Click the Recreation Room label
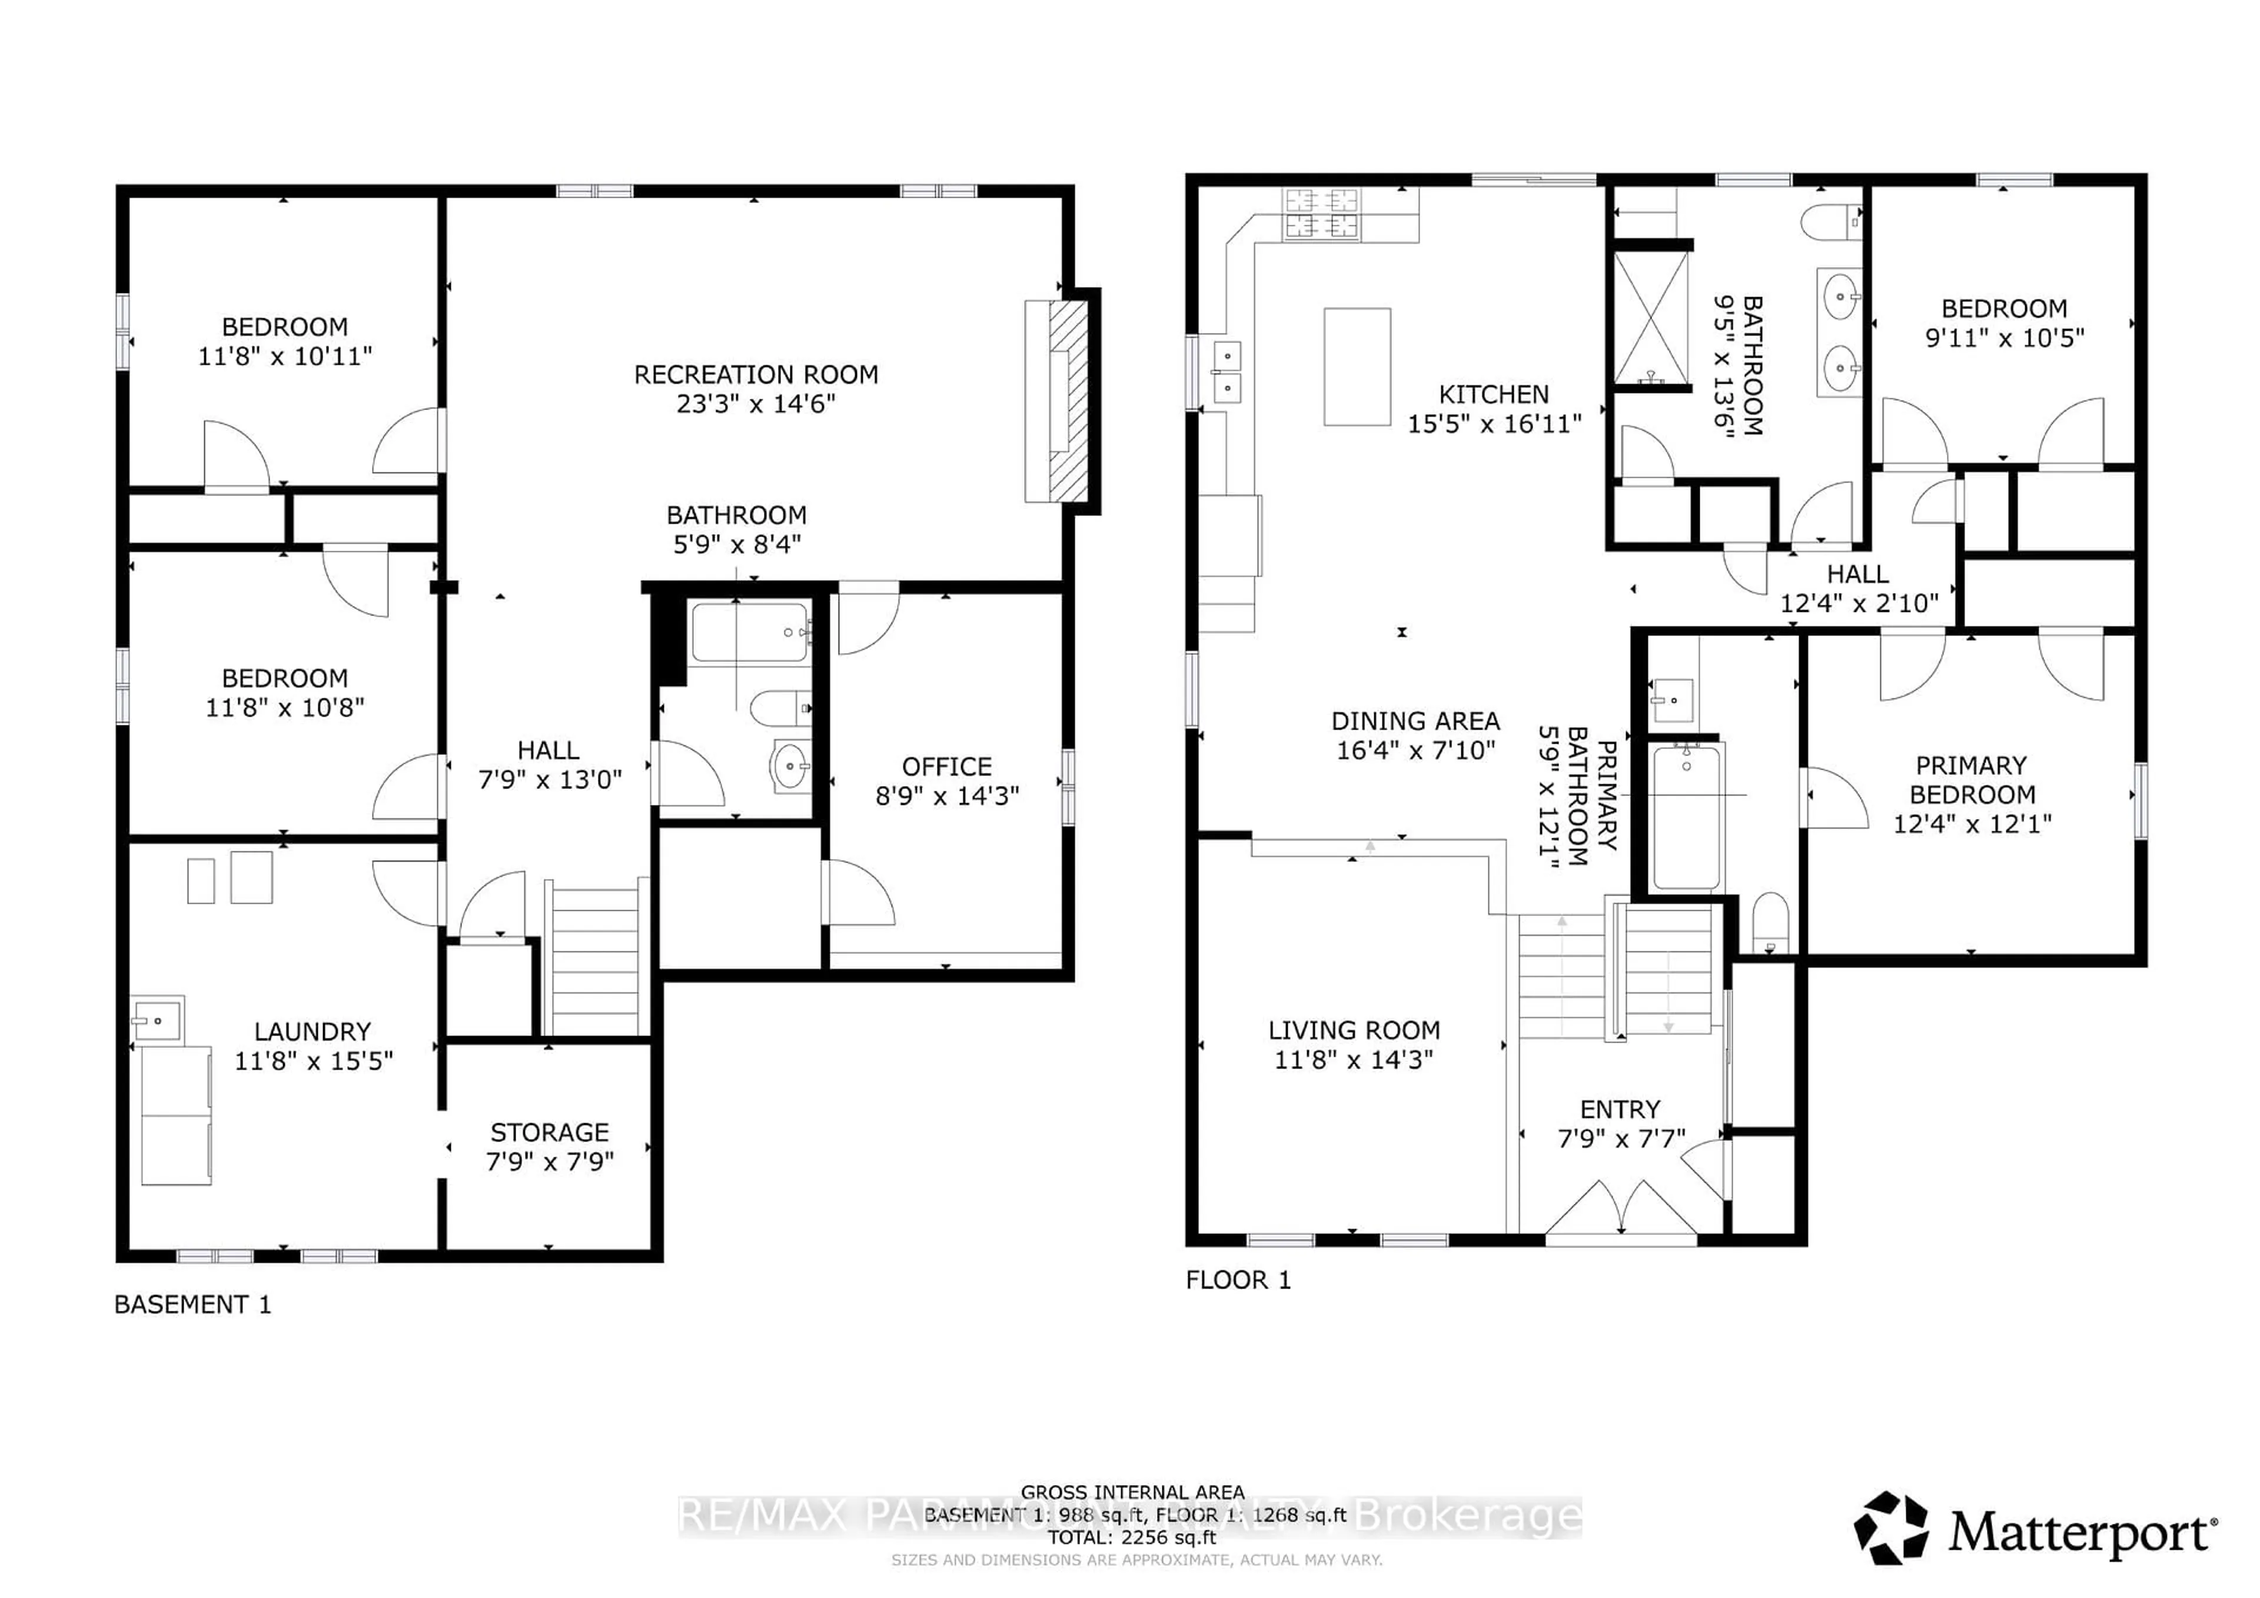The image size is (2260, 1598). pyautogui.click(x=755, y=375)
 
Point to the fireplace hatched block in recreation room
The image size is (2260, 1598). pyautogui.click(x=1068, y=401)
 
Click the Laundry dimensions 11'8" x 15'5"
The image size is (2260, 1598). pyautogui.click(x=313, y=1061)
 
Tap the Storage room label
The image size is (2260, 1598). pyautogui.click(x=549, y=1133)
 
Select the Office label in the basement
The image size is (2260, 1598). pyautogui.click(x=946, y=767)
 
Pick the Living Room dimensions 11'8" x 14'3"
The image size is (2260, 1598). pyautogui.click(x=1354, y=1060)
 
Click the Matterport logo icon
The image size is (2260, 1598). pyautogui.click(x=1891, y=1527)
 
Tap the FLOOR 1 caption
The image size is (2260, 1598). pyautogui.click(x=1237, y=1280)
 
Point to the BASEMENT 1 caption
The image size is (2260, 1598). pyautogui.click(x=192, y=1305)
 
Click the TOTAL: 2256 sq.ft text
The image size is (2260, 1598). pyautogui.click(x=1132, y=1537)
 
